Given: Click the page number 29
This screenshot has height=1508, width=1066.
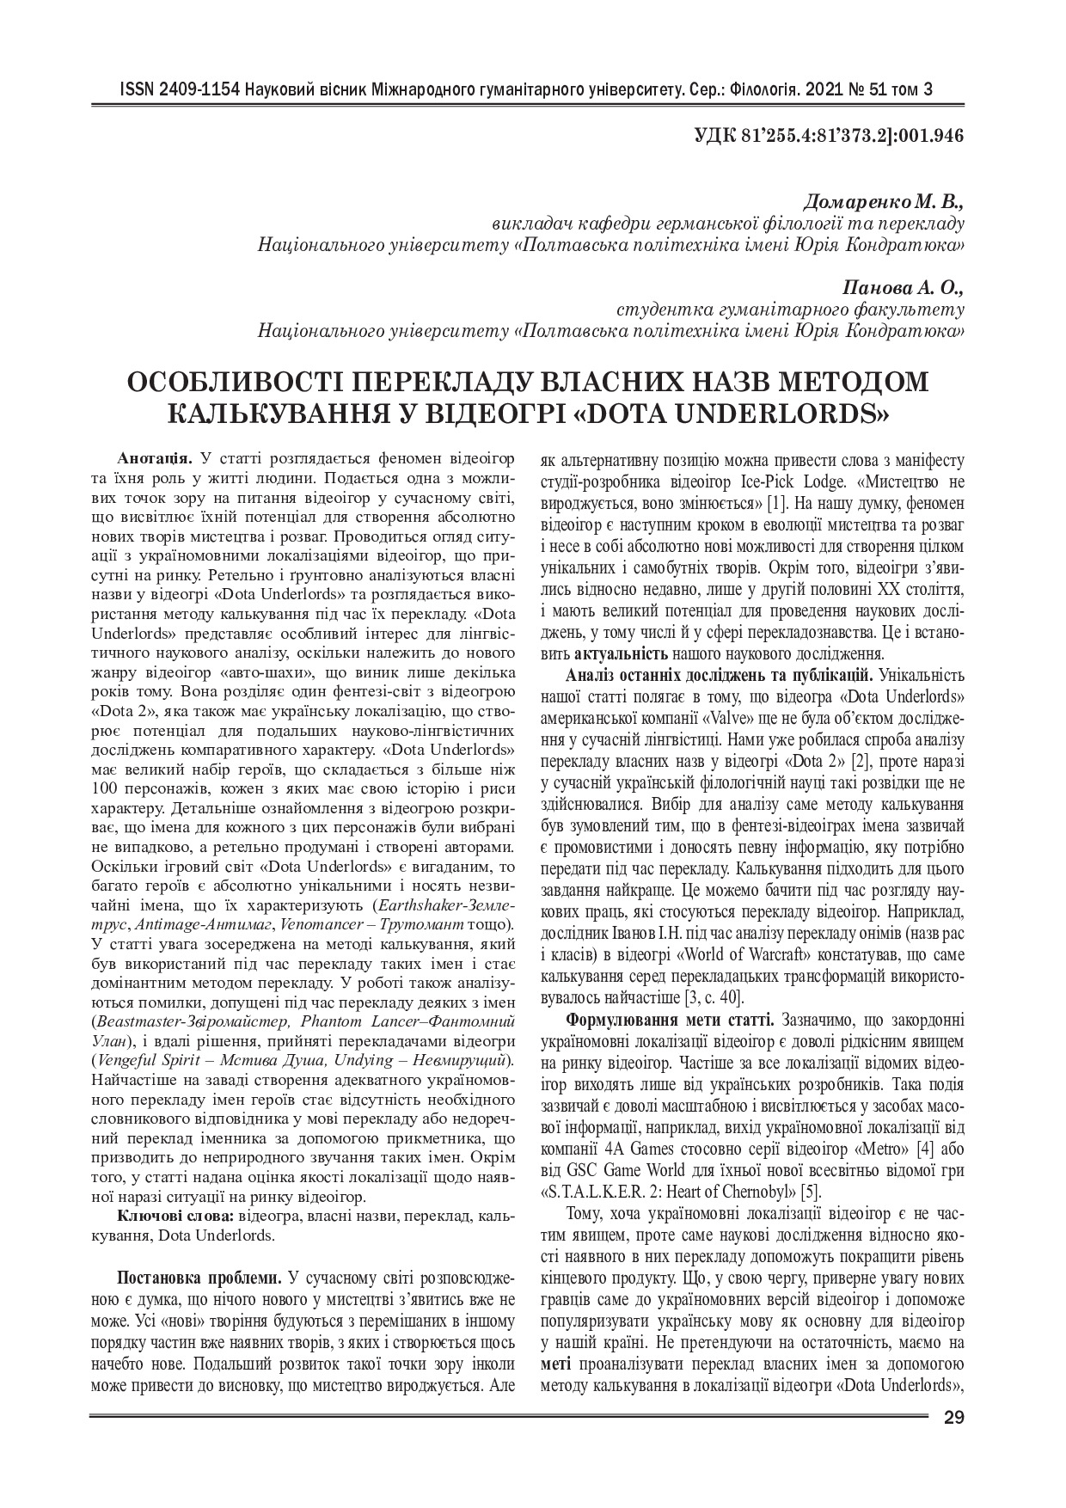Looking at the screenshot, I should click(953, 1418).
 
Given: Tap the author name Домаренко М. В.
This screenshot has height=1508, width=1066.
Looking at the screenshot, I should click(883, 203).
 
